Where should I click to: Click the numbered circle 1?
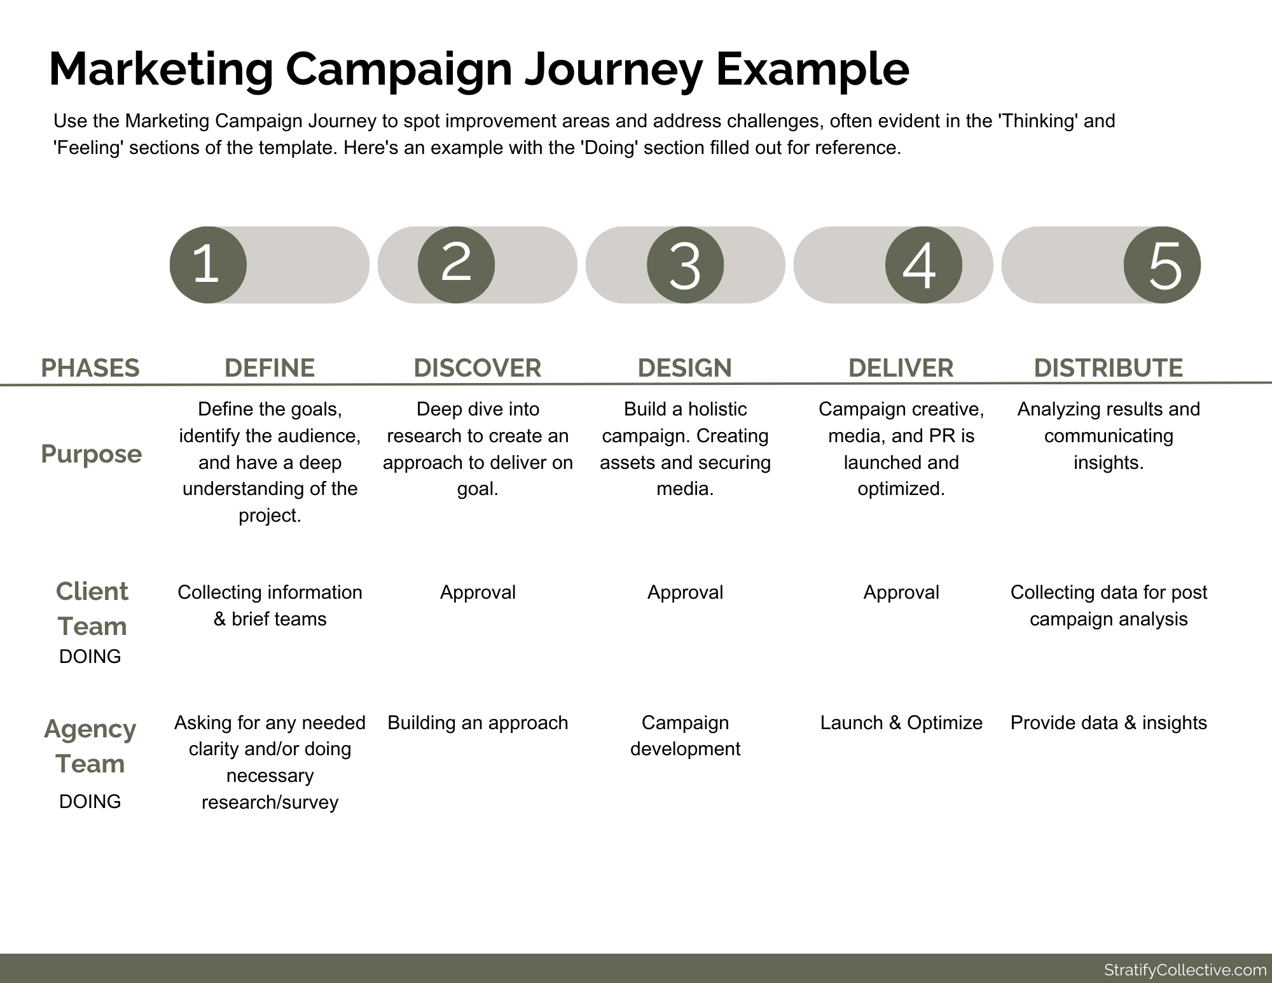coord(207,265)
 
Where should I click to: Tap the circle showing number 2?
coord(456,265)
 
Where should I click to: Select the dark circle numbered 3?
coord(685,265)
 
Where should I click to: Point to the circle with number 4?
coord(923,265)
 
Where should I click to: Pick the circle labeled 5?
coord(1162,265)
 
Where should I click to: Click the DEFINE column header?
coord(270,368)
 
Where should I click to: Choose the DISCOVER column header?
coord(477,368)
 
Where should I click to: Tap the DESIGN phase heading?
coord(685,368)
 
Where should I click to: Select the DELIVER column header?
coord(901,368)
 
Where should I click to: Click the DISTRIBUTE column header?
coord(1108,368)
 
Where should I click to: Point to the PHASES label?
coord(90,368)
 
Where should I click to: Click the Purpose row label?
coord(92,454)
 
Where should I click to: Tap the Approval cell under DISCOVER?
coord(478,592)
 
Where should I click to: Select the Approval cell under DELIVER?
coord(901,592)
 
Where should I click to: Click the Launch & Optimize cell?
coord(901,723)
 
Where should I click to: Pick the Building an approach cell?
coord(478,723)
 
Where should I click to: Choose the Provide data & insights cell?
coord(1108,723)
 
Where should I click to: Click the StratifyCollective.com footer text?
coord(1185,970)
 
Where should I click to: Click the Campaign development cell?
coord(685,736)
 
